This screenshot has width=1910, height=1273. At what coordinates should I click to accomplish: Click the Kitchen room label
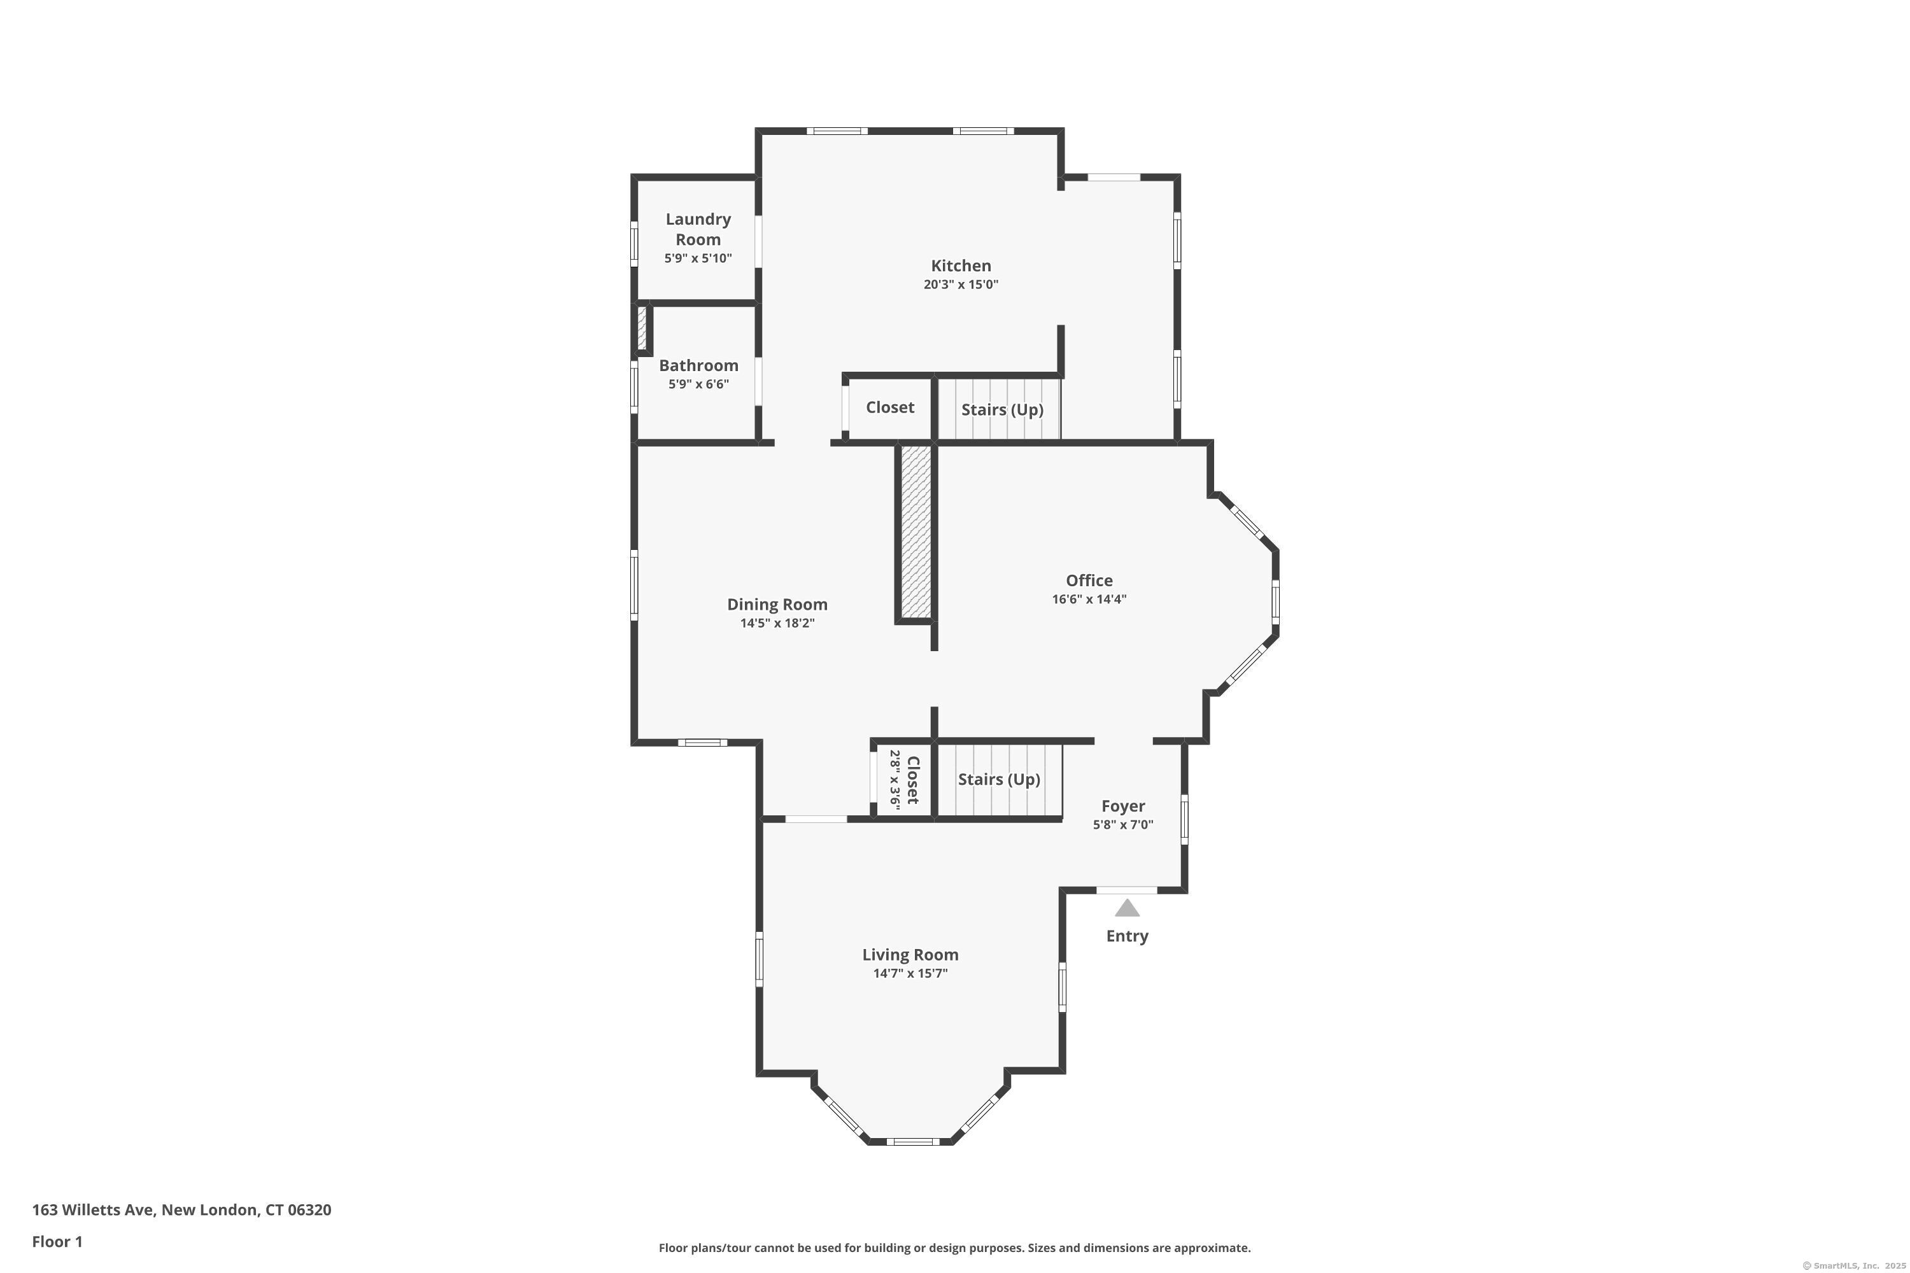click(x=961, y=265)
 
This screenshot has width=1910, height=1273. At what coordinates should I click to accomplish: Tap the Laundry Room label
click(x=698, y=229)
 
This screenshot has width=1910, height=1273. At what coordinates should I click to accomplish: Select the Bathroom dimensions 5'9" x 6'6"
click(x=698, y=384)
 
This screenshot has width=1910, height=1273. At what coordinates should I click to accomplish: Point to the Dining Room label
click(x=777, y=604)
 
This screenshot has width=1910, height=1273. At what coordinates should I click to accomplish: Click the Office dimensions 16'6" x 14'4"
click(x=1089, y=599)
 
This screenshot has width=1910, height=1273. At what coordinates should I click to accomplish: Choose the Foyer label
click(x=1123, y=806)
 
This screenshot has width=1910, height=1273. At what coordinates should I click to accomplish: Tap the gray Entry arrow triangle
click(x=1127, y=908)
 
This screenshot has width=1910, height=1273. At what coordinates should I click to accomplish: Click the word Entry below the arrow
click(x=1127, y=936)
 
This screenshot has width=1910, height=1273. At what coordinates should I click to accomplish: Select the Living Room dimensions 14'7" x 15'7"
click(x=910, y=973)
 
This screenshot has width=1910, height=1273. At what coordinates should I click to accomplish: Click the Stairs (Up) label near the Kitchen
click(x=1002, y=409)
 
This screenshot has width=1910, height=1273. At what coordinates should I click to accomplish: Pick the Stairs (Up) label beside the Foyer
click(x=999, y=779)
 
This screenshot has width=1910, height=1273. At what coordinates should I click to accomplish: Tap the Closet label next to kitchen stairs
click(x=890, y=407)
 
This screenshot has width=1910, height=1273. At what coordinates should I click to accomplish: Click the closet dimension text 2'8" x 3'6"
click(x=895, y=779)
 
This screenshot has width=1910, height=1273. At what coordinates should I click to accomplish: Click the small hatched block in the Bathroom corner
click(x=642, y=329)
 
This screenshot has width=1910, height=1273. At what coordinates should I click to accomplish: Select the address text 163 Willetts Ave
click(x=92, y=1210)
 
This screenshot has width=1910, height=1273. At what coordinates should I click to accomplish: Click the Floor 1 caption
click(x=57, y=1241)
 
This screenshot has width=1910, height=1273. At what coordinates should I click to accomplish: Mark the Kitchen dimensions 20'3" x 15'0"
click(x=961, y=284)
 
